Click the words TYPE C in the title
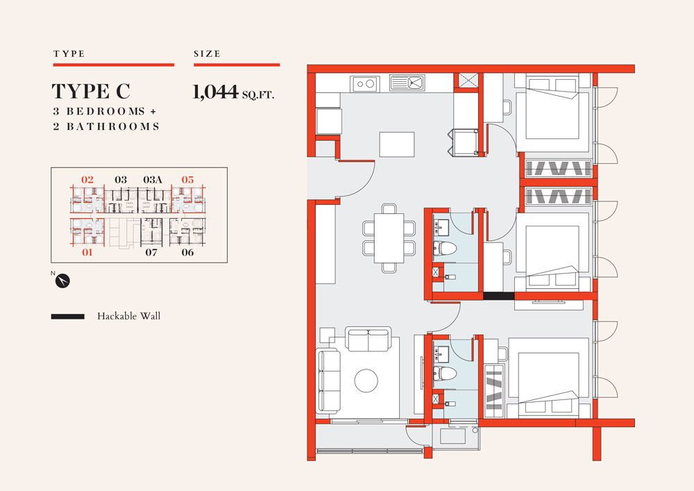pyautogui.click(x=91, y=91)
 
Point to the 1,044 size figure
pyautogui.click(x=216, y=92)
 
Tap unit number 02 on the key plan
pyautogui.click(x=87, y=179)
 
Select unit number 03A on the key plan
pyautogui.click(x=153, y=179)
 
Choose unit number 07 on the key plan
pyautogui.click(x=151, y=252)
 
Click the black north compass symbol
pyautogui.click(x=63, y=281)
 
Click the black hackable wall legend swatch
pyautogui.click(x=68, y=317)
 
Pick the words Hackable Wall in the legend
pyautogui.click(x=129, y=316)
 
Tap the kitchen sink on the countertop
pyautogui.click(x=407, y=83)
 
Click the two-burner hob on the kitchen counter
pyautogui.click(x=365, y=83)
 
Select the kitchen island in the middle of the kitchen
pyautogui.click(x=396, y=144)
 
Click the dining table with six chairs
pyautogui.click(x=389, y=238)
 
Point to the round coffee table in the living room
pyautogui.click(x=366, y=381)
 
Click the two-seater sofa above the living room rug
pyautogui.click(x=368, y=339)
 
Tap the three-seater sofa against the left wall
pyautogui.click(x=328, y=381)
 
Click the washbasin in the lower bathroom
pyautogui.click(x=441, y=354)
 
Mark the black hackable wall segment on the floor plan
pyautogui.click(x=499, y=296)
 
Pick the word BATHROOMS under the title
pyautogui.click(x=113, y=126)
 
